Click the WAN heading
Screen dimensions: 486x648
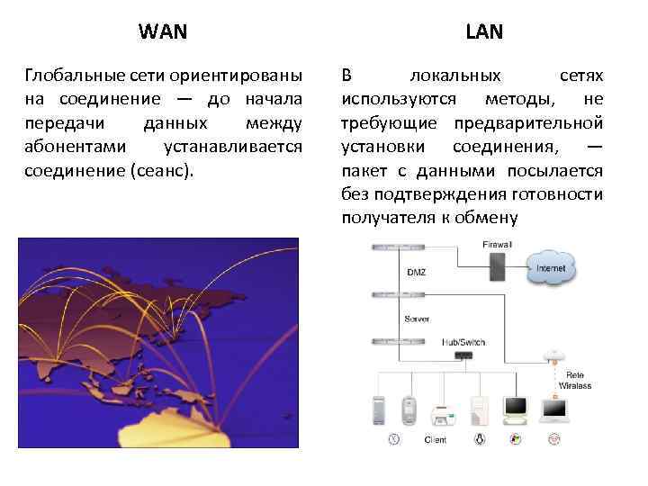tap(164, 32)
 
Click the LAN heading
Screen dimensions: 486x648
tap(484, 32)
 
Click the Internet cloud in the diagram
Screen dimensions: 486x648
tap(550, 267)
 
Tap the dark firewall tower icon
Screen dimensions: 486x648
tap(496, 267)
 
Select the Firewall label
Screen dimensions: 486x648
tap(496, 243)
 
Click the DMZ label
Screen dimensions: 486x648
tap(417, 272)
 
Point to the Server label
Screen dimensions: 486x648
tap(417, 319)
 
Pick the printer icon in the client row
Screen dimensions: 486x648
tap(442, 414)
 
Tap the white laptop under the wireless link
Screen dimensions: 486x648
tap(553, 409)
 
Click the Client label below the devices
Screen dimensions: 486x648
tap(435, 440)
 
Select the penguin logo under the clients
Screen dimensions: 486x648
tap(480, 439)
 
